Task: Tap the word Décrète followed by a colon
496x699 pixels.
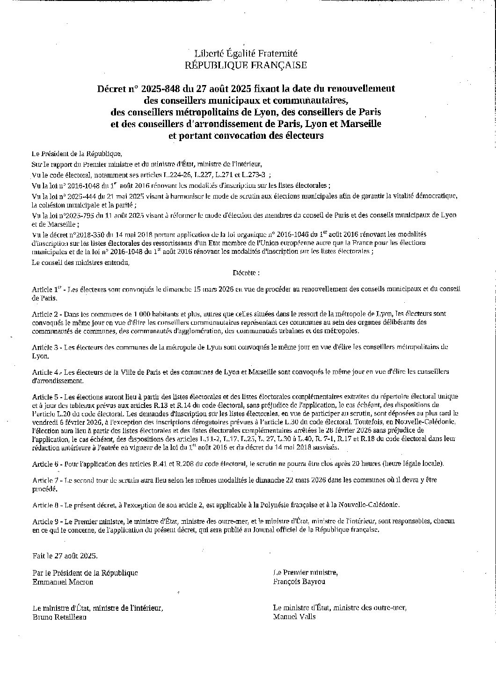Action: [246, 272]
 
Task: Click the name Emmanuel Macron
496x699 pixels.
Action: [63, 582]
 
